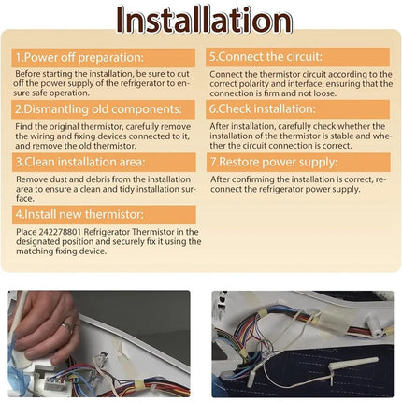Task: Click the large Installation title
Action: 205,20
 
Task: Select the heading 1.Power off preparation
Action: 79,58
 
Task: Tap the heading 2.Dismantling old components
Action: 98,109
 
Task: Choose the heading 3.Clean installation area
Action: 80,162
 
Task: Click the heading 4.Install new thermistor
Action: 79,214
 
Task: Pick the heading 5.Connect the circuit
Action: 266,57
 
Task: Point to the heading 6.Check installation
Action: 263,108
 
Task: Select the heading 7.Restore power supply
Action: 274,162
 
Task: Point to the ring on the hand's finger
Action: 67,327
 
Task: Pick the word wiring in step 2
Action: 41,136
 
